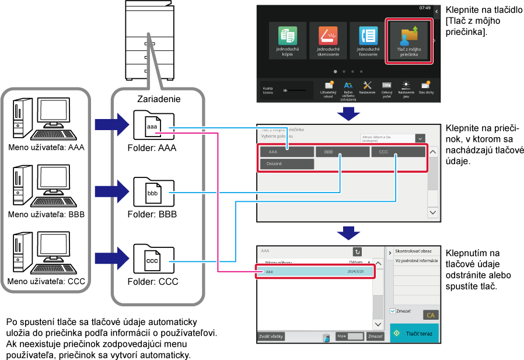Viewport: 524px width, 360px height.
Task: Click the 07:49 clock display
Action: coord(424,8)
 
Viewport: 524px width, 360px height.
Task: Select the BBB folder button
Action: coord(342,152)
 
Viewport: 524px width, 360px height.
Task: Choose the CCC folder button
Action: coord(398,152)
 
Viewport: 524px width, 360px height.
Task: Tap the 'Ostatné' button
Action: coord(287,164)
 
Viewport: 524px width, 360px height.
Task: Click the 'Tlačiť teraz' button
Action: coord(414,333)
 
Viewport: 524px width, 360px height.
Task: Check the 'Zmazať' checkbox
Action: coord(393,311)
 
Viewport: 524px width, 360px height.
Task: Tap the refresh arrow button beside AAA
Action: coord(358,251)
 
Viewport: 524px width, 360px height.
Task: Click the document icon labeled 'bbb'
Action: coord(153,193)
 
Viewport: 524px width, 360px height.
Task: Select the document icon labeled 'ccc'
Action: coord(153,260)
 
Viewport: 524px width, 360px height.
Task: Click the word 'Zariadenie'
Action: coord(159,99)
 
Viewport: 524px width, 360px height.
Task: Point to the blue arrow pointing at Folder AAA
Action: coord(111,124)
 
